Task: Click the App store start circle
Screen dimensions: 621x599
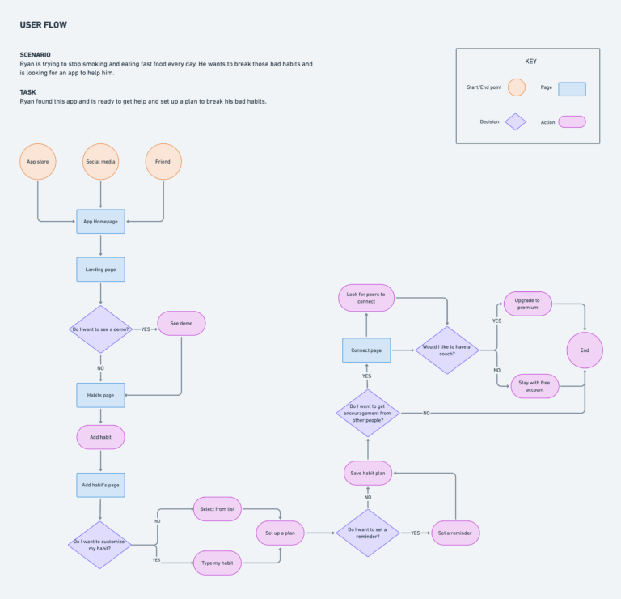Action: pyautogui.click(x=38, y=162)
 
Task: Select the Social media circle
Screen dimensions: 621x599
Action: pyautogui.click(x=100, y=162)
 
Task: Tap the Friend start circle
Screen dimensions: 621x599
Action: pyautogui.click(x=163, y=162)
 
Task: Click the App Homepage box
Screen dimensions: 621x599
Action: pyautogui.click(x=100, y=222)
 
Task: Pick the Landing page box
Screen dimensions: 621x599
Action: pyautogui.click(x=100, y=270)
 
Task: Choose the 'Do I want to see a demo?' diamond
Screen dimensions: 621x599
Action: pyautogui.click(x=100, y=329)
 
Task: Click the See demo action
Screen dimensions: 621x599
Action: pyautogui.click(x=181, y=324)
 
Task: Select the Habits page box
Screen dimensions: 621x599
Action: pyautogui.click(x=100, y=395)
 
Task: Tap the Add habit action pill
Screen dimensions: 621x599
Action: pyautogui.click(x=100, y=437)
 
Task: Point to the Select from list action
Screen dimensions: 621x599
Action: pyautogui.click(x=218, y=509)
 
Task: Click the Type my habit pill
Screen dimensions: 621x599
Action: pyautogui.click(x=218, y=563)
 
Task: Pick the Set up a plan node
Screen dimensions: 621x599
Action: pyautogui.click(x=280, y=533)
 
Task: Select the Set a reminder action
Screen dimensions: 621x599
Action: pyautogui.click(x=455, y=533)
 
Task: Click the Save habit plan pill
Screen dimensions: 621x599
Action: pyautogui.click(x=368, y=473)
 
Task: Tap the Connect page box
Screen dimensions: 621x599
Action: pyautogui.click(x=366, y=350)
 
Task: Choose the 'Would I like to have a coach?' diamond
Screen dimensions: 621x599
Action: pyautogui.click(x=447, y=350)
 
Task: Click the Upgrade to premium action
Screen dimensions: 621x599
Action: pyautogui.click(x=528, y=304)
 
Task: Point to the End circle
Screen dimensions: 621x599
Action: pyautogui.click(x=585, y=350)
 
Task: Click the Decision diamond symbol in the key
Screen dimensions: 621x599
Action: pyautogui.click(x=516, y=121)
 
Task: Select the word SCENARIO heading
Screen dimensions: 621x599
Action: pyautogui.click(x=36, y=55)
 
